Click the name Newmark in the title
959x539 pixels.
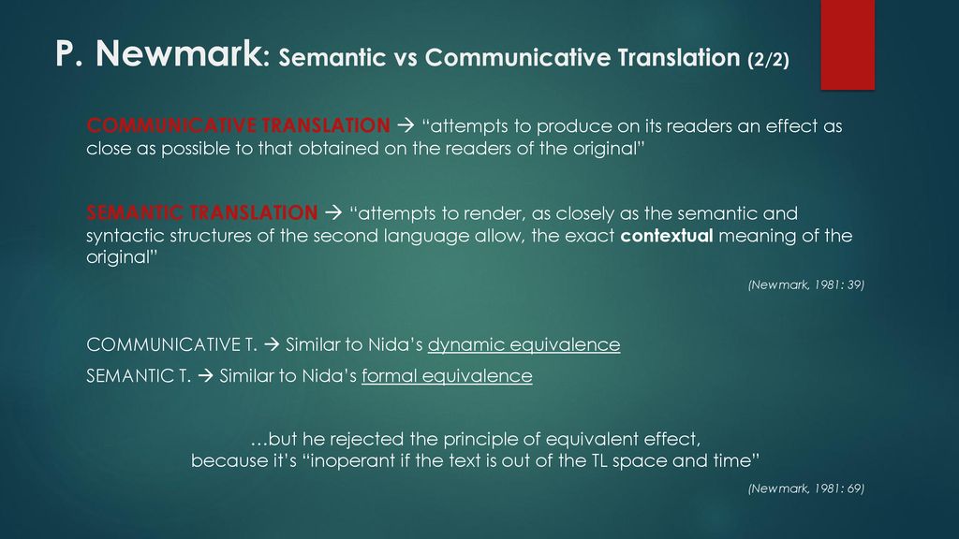[179, 53]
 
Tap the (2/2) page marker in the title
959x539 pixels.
[768, 59]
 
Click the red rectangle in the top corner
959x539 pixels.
[848, 45]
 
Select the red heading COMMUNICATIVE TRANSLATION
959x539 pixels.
[239, 125]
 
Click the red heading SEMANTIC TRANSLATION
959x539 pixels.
[202, 212]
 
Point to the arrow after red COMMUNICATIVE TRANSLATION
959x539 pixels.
[406, 126]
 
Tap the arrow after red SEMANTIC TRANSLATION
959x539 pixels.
[333, 213]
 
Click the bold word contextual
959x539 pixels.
[667, 235]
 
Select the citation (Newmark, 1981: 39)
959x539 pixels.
[806, 284]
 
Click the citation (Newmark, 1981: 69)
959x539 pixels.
[806, 488]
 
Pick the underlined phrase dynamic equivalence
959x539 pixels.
[524, 344]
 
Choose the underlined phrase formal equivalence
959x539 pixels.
[447, 376]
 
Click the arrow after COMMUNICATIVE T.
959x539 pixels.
[272, 344]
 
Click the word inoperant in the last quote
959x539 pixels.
[353, 460]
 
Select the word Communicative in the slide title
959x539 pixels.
[517, 57]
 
